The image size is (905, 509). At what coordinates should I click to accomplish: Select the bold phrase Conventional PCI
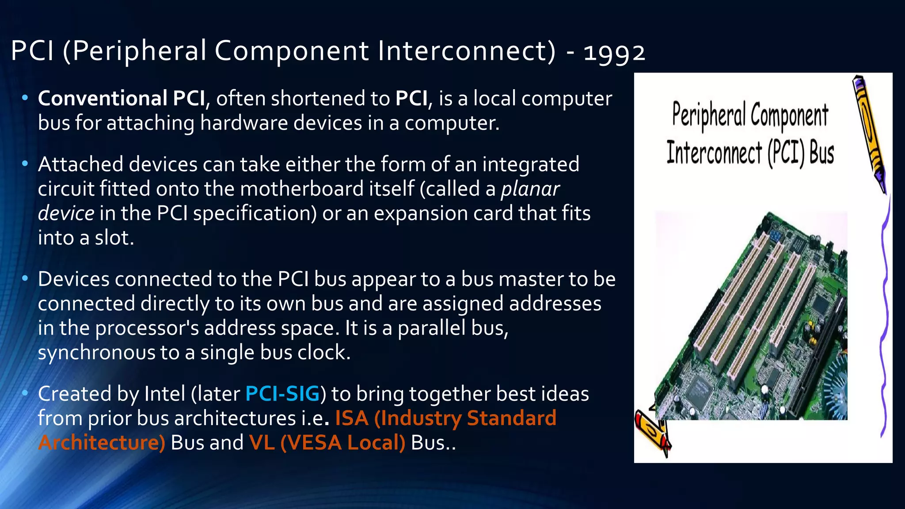(x=121, y=99)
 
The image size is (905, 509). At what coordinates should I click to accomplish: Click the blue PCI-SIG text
(x=282, y=394)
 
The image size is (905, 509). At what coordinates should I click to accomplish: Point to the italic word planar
(x=530, y=189)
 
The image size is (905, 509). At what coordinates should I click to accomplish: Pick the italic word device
(x=66, y=213)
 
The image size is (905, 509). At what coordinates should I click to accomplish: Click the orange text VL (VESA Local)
(x=327, y=443)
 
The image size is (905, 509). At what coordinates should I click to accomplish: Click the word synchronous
(x=96, y=353)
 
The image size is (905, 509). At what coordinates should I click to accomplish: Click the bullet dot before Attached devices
(x=25, y=164)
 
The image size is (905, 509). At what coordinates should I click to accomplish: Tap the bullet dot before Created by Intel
(x=25, y=393)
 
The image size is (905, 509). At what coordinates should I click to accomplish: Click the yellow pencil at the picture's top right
(x=869, y=133)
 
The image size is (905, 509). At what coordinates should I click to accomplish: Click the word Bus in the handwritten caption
(x=821, y=153)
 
